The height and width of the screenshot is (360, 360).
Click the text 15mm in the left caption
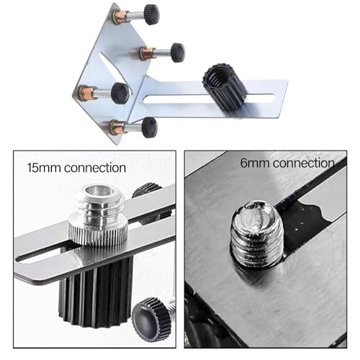coord(43,168)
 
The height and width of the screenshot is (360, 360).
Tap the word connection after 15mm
coord(95,168)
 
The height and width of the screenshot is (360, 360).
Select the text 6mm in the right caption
coord(255,163)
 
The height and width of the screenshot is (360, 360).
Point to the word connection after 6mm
coord(304,163)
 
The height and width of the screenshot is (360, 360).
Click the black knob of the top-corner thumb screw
coord(152,14)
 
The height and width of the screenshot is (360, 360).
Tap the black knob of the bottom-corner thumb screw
coord(149,127)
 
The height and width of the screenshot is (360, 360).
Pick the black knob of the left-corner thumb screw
coord(120,93)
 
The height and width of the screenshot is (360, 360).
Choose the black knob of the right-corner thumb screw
coord(178,53)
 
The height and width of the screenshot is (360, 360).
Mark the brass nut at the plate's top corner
coord(117,16)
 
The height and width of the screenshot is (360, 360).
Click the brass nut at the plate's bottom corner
coord(116,127)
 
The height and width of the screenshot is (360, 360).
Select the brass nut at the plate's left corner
coord(85,92)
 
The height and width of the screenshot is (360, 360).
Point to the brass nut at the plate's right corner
coord(145,53)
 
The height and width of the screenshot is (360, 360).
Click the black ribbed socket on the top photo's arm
coord(225,87)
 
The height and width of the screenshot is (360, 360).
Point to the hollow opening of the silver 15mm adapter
coord(99,192)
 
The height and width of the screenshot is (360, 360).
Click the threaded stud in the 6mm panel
coord(257,234)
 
